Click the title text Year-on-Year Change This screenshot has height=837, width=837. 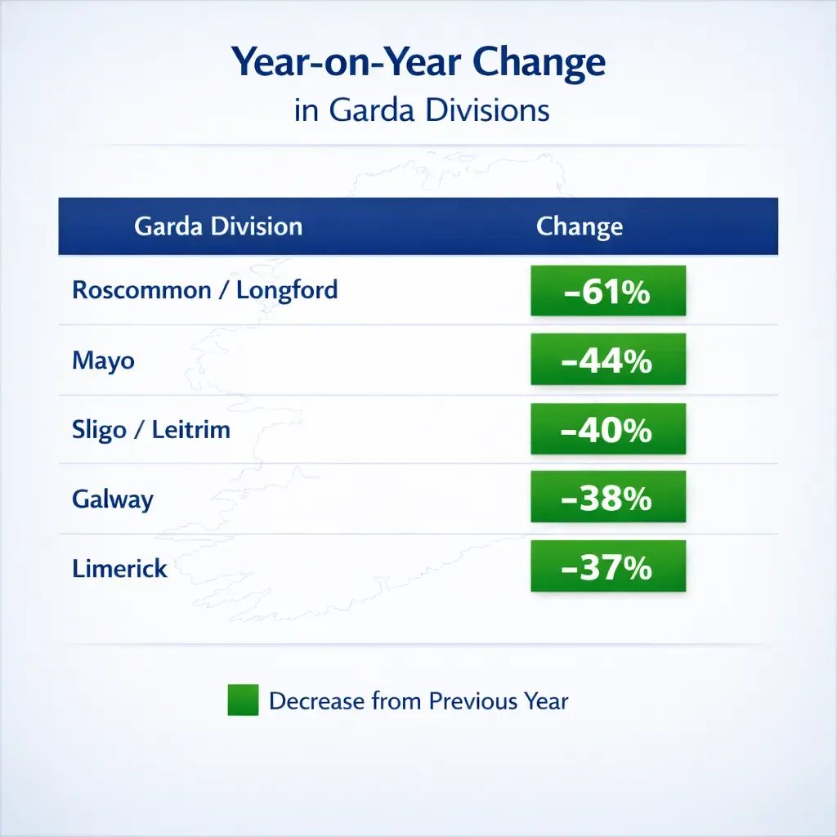click(418, 63)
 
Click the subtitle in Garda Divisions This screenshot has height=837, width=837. click(421, 110)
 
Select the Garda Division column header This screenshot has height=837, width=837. click(218, 226)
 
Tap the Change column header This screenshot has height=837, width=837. click(579, 226)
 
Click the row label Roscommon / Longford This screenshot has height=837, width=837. click(204, 290)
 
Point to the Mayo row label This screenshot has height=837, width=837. click(103, 360)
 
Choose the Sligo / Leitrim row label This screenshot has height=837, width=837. click(151, 429)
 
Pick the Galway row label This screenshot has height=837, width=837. click(113, 499)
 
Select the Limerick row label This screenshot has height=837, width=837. click(119, 568)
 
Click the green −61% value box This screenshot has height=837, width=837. click(607, 291)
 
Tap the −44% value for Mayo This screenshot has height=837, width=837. click(607, 360)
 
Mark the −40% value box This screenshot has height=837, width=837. click(607, 429)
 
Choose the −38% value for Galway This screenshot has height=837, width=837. click(607, 498)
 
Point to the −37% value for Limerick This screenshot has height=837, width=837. click(607, 567)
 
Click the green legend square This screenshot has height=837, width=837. click(243, 700)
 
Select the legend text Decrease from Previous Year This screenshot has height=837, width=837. click(418, 701)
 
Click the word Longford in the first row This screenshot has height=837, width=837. click(287, 290)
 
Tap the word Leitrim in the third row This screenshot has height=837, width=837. click(191, 429)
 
